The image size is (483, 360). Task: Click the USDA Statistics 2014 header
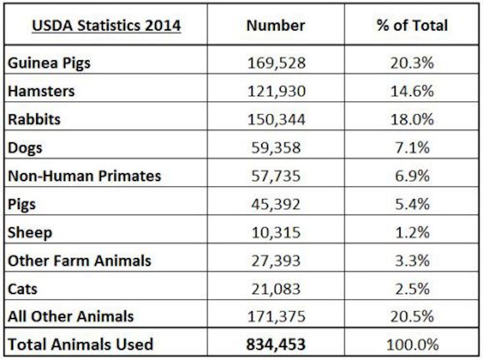coord(106,25)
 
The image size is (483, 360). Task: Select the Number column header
coord(276,25)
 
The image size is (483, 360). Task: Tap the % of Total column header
coord(412,25)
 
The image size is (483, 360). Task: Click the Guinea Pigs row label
coord(49,63)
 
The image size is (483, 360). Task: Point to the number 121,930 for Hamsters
coord(276,91)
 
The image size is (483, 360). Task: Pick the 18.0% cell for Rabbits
coord(412,119)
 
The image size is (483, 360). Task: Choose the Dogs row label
coord(25,148)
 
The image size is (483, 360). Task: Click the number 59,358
coord(276,147)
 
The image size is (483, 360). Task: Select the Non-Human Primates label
coord(85,176)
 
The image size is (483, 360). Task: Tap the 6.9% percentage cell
coord(412,176)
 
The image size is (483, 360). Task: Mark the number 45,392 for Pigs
coord(276,204)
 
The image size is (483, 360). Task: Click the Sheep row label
coord(30,233)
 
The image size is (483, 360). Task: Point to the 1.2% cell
coord(412,232)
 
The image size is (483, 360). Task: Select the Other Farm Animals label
coord(80,261)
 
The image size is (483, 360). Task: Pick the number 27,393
coord(276,261)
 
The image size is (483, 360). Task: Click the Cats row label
coord(23,289)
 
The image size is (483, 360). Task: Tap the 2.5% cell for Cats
coord(412,289)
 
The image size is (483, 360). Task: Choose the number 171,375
coord(276,317)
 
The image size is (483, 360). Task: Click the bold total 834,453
coord(276,344)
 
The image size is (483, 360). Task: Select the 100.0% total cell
coord(412,344)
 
